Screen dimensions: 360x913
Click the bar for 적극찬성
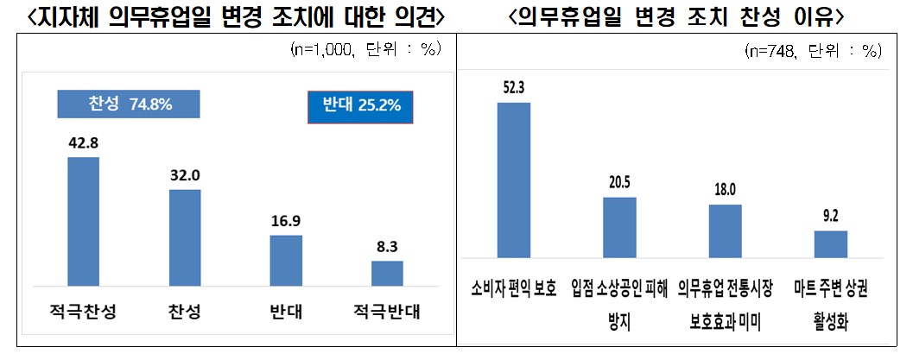coord(83,221)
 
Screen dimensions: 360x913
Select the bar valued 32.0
coord(185,237)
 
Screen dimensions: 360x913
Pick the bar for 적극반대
coord(387,273)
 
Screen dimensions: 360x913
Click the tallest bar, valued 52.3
coord(513,180)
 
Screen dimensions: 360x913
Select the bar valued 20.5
coord(618,227)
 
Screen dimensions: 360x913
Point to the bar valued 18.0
coord(725,231)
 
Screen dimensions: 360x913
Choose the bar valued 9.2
coord(830,243)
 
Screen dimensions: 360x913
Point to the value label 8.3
coord(387,248)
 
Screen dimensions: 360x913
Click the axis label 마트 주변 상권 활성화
coord(830,303)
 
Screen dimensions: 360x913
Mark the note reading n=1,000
coord(366,49)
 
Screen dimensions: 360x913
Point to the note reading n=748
coord(812,51)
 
